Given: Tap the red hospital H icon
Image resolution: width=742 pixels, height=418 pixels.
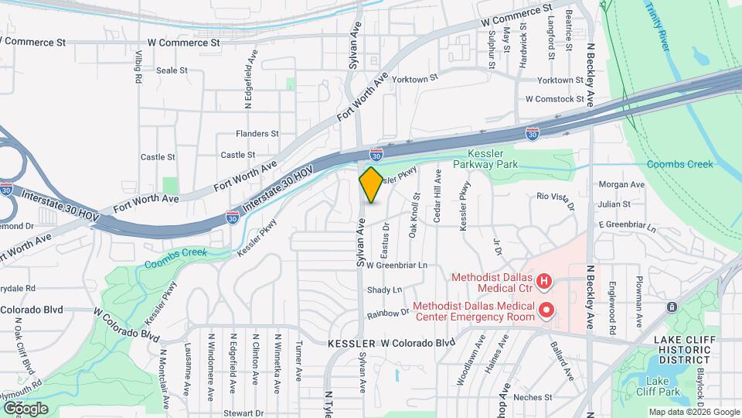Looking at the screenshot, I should (x=544, y=281).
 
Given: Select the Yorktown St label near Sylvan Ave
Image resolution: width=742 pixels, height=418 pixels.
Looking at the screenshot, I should (x=414, y=77).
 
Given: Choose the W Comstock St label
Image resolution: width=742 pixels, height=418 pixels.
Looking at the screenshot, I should (x=555, y=99).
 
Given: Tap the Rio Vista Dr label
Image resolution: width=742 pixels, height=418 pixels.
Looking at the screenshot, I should (x=557, y=200).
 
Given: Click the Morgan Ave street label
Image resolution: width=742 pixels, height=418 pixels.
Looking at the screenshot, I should (x=621, y=184).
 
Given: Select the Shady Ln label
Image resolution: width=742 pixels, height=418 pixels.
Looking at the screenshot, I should (x=385, y=290).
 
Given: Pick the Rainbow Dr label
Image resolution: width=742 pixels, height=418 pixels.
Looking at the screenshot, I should (x=388, y=313).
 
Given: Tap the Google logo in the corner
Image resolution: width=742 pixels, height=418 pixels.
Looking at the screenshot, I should (x=26, y=408).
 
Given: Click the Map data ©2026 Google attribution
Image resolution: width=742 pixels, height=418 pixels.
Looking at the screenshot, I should (x=693, y=412).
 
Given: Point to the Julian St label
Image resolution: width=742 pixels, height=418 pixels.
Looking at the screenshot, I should (x=614, y=204).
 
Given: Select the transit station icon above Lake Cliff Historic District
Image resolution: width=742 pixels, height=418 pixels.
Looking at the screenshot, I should (x=672, y=307).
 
